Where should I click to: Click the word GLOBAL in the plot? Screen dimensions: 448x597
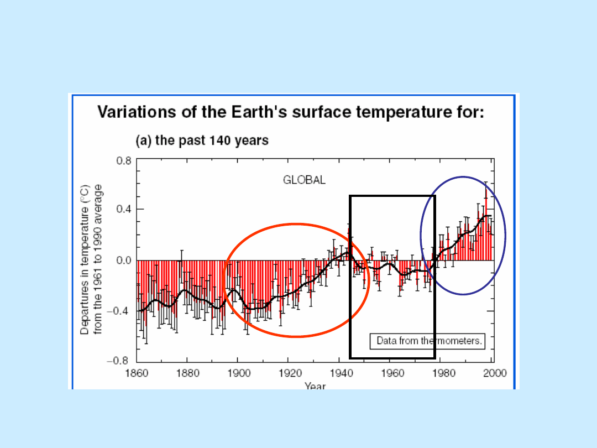[x=304, y=180]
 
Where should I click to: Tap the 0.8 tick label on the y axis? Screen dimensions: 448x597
[x=123, y=162]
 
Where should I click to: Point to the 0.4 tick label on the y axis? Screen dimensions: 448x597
[x=123, y=209]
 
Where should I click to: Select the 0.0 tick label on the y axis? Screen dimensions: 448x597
[x=123, y=260]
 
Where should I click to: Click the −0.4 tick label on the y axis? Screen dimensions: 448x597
[x=121, y=311]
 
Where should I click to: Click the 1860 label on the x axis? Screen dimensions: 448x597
[x=137, y=373]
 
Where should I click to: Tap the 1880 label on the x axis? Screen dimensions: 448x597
[x=187, y=373]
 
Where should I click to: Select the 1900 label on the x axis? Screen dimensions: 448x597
[x=238, y=373]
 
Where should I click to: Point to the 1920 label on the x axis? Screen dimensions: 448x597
[x=289, y=373]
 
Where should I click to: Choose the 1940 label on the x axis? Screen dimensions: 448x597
[x=341, y=373]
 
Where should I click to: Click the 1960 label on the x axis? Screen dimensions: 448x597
[x=391, y=373]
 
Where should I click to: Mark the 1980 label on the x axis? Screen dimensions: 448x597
[x=442, y=373]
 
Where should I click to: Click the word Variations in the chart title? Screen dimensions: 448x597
[x=133, y=113]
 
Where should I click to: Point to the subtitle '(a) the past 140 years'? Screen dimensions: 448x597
[x=202, y=140]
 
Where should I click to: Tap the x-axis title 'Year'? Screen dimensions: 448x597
[x=315, y=386]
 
